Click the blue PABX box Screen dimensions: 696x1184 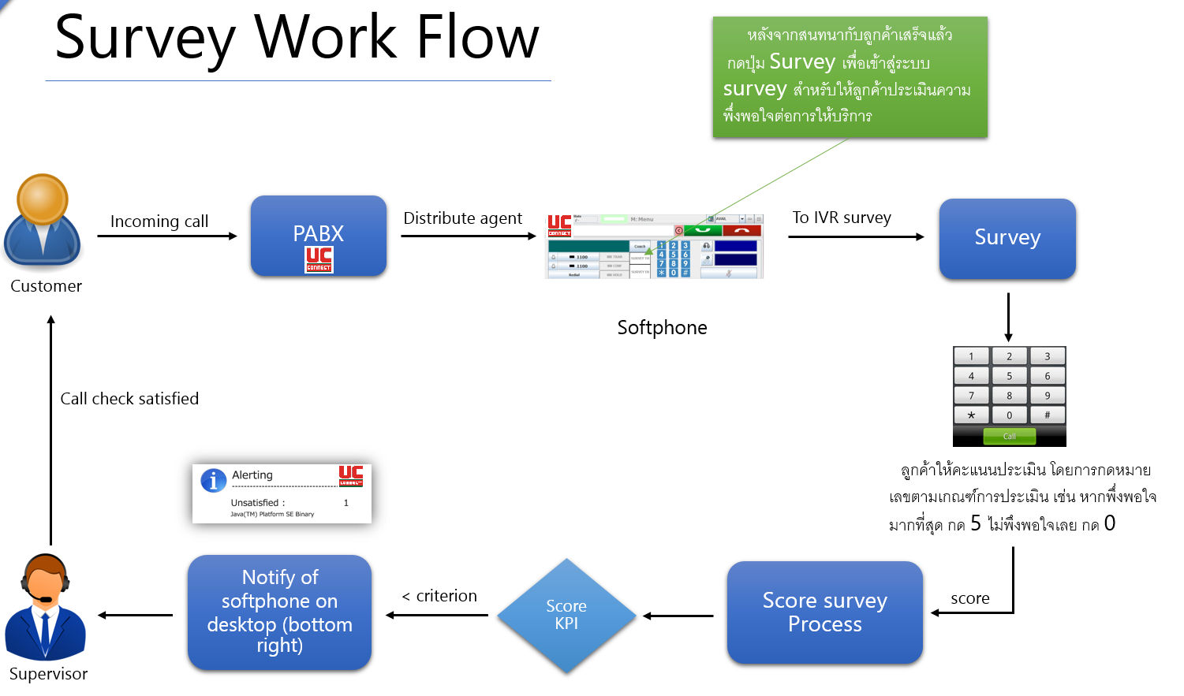coord(318,235)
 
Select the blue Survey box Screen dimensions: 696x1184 coord(1007,238)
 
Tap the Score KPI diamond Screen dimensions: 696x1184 coord(566,615)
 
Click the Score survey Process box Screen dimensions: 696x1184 coord(824,612)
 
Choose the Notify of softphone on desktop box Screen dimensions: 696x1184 coord(279,612)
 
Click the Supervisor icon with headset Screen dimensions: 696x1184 coord(46,607)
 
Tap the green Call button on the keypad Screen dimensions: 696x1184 coord(1009,436)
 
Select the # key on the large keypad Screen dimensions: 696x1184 coord(1047,415)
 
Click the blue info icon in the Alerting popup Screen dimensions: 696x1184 coord(213,480)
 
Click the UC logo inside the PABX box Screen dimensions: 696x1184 coord(319,259)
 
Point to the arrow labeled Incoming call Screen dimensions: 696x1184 coord(166,236)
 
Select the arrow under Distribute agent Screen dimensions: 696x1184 coord(468,236)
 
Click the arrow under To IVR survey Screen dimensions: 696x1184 coord(855,236)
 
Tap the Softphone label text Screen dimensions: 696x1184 coord(662,328)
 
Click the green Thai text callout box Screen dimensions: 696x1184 coord(850,77)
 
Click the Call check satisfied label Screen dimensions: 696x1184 coord(129,399)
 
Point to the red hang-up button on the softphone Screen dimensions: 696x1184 coord(741,230)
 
